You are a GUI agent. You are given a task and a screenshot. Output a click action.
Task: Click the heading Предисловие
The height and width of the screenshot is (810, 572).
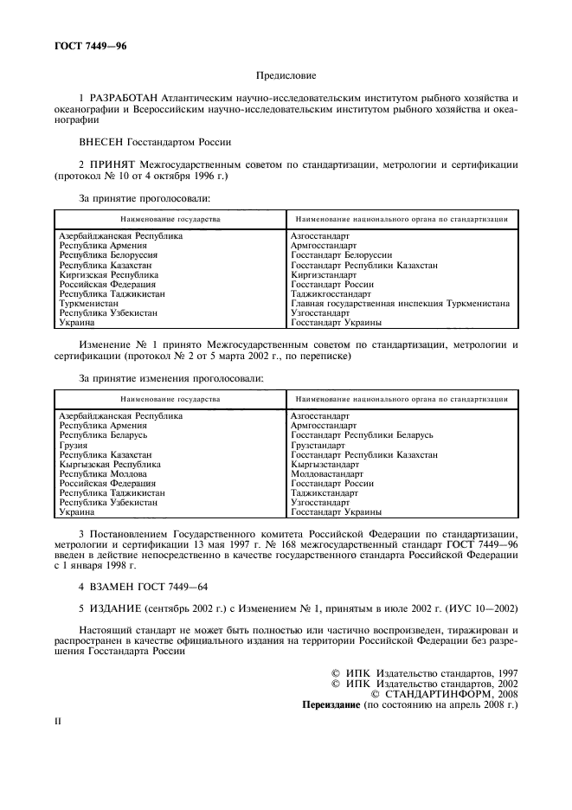click(286, 76)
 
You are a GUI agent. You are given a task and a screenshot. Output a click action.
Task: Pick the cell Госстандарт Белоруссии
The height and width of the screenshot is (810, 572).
click(342, 255)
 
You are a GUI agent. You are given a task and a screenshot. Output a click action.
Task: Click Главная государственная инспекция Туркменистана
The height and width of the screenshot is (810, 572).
click(400, 303)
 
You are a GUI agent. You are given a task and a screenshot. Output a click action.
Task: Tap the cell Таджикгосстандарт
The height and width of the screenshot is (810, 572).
click(331, 293)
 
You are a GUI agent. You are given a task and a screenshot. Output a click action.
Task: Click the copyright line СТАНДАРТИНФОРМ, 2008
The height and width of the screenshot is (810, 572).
click(444, 693)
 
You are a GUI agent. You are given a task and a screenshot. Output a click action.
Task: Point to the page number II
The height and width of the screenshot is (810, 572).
click(58, 720)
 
